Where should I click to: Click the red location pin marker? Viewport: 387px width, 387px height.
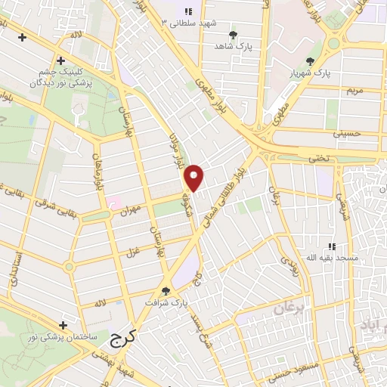click(x=195, y=178)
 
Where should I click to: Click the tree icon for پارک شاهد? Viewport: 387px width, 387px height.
click(x=233, y=35)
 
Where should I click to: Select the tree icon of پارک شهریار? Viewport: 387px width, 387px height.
click(x=310, y=61)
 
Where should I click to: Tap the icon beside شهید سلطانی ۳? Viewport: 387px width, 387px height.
click(x=188, y=11)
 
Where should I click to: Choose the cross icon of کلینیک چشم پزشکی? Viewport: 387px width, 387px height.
click(x=60, y=60)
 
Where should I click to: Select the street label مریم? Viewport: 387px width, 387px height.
click(x=354, y=90)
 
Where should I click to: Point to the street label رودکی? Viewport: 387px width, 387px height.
click(x=289, y=262)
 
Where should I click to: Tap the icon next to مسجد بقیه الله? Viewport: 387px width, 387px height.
click(x=331, y=246)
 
